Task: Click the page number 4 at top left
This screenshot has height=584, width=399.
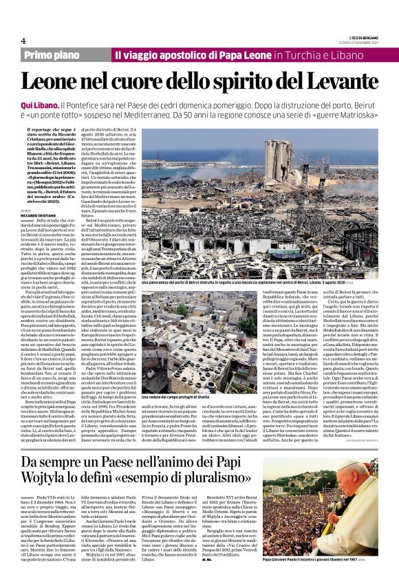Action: click(23, 41)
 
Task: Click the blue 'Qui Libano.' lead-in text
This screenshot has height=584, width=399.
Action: click(39, 103)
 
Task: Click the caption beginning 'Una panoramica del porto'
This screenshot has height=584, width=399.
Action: click(206, 283)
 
